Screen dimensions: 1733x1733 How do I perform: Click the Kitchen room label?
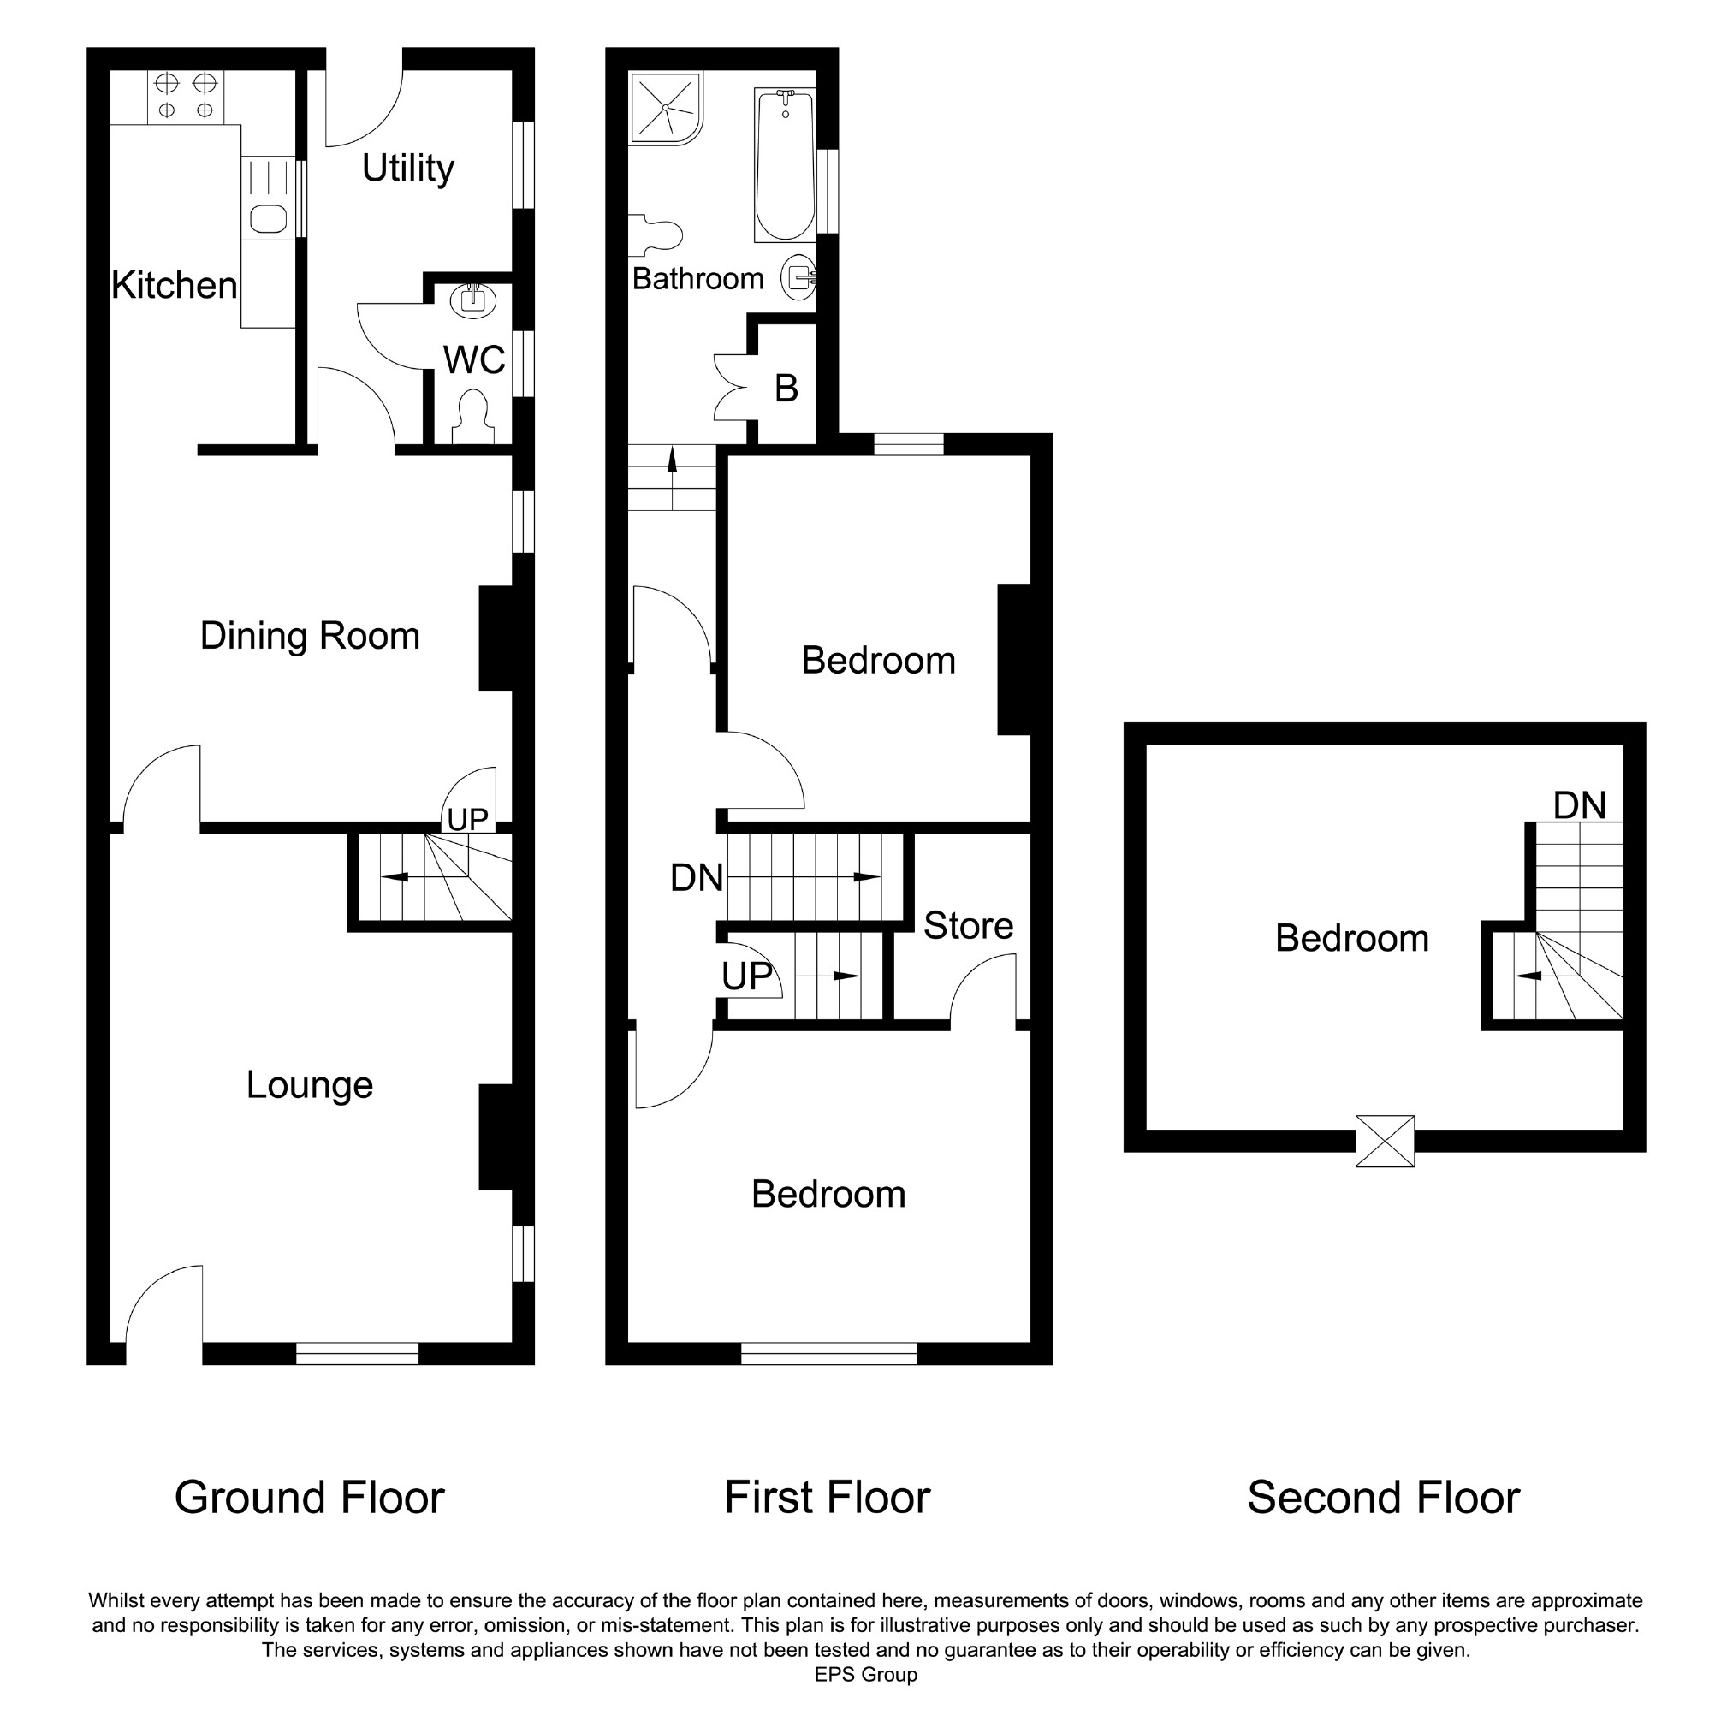pos(175,286)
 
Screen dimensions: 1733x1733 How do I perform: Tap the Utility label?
pos(408,169)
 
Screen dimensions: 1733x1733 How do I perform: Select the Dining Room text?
pos(311,636)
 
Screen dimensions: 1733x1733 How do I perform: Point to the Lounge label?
pos(311,1085)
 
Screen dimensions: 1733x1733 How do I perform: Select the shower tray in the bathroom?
pos(666,108)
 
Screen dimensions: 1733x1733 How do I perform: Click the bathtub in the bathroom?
pos(785,165)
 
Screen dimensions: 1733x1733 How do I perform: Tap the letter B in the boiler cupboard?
pos(786,389)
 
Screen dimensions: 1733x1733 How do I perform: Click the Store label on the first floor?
pos(969,926)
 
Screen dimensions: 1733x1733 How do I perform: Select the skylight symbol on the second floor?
pos(1385,1141)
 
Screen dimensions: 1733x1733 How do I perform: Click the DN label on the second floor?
pos(1580,805)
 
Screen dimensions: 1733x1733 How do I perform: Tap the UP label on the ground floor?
pos(467,819)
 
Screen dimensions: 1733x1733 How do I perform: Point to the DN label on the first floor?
pos(697,877)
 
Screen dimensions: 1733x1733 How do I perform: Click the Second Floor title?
pos(1383,1497)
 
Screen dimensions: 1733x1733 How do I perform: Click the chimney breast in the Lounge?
pos(496,1137)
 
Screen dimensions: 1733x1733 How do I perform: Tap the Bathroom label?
pos(697,279)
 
